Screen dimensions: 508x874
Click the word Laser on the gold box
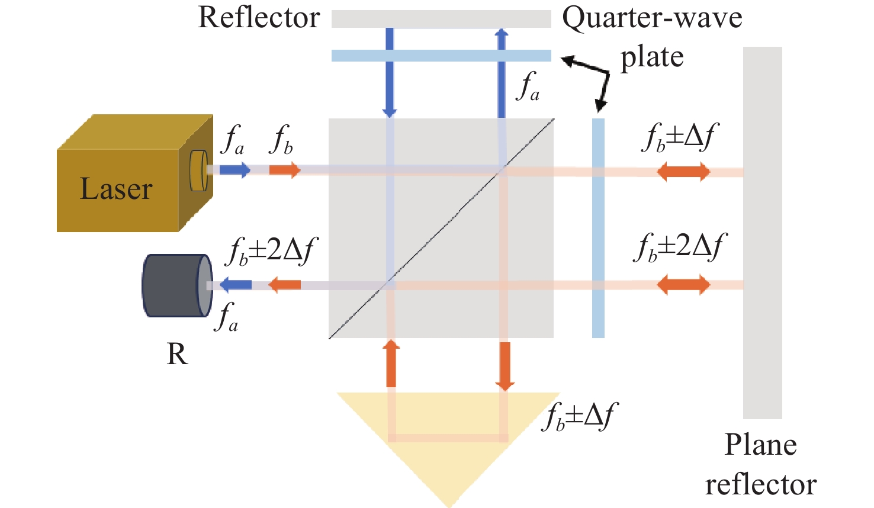[x=116, y=189]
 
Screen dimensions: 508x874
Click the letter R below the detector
[x=177, y=354]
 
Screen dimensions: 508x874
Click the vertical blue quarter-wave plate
[x=598, y=228]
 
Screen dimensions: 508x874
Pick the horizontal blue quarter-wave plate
[x=441, y=56]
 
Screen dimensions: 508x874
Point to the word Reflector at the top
[x=259, y=18]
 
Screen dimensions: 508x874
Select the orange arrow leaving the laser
[x=285, y=171]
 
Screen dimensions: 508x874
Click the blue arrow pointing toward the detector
[x=236, y=285]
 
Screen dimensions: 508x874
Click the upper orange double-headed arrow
[x=683, y=172]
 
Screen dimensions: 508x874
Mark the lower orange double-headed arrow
[x=683, y=285]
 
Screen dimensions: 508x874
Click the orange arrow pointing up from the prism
[x=391, y=363]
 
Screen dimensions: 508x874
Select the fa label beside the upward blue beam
[x=528, y=86]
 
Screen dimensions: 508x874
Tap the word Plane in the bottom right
[x=760, y=445]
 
